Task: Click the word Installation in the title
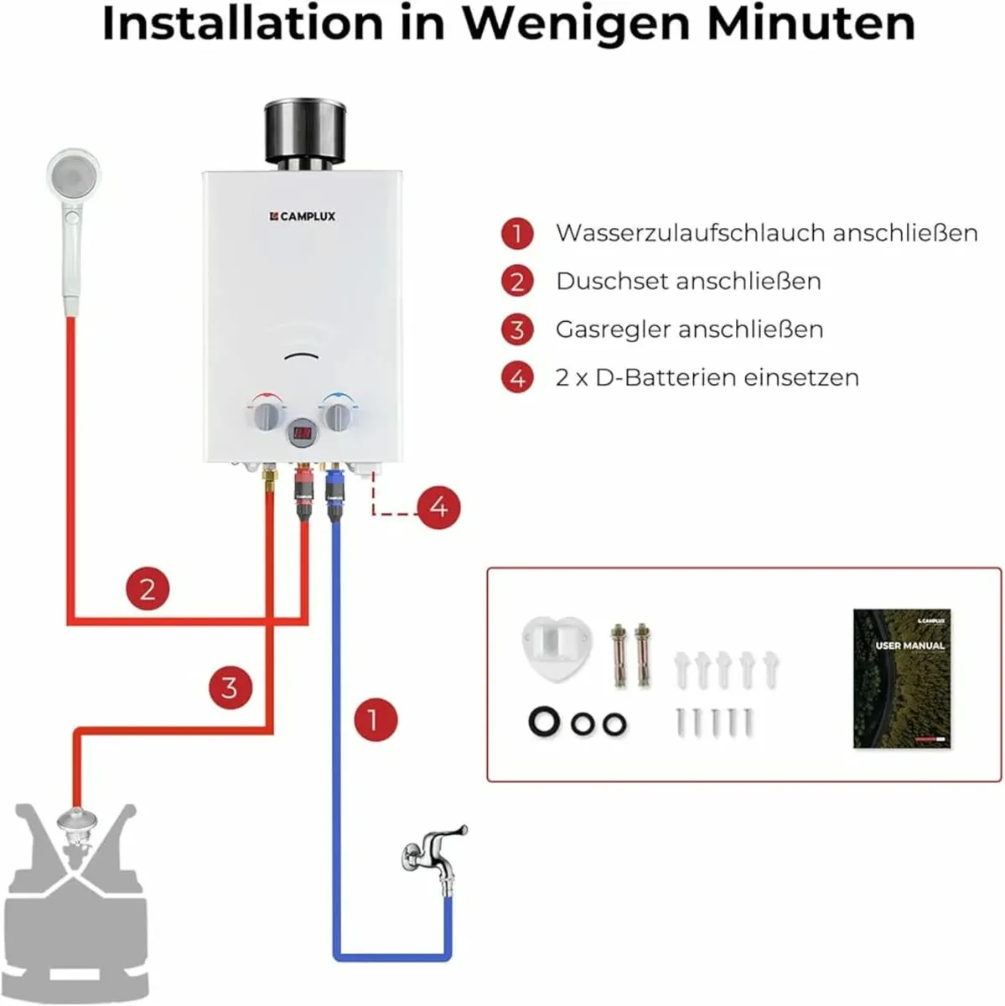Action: [x=243, y=23]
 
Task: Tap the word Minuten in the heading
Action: [x=811, y=23]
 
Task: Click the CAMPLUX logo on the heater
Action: [x=303, y=216]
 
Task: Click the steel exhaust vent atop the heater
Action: [x=305, y=134]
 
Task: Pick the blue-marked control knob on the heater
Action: [x=338, y=415]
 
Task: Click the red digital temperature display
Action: [x=303, y=433]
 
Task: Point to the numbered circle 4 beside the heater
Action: [x=438, y=507]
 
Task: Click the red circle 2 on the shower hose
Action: [x=148, y=589]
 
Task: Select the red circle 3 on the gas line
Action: [x=231, y=687]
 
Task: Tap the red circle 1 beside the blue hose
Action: [x=376, y=720]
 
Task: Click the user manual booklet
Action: [x=902, y=678]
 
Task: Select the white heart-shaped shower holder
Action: [x=557, y=648]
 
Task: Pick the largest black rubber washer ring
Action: [x=544, y=722]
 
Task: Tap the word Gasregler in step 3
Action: [x=613, y=330]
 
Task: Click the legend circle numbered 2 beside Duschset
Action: [x=517, y=282]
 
